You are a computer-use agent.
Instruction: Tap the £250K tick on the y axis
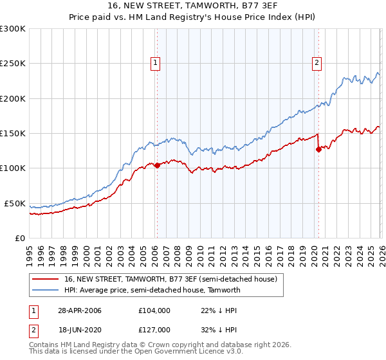[13, 64]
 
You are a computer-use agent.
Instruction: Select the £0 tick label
[20, 238]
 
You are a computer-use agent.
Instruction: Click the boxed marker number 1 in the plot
[156, 63]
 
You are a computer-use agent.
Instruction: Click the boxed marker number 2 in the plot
[318, 63]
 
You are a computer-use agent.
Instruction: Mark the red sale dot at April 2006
[157, 165]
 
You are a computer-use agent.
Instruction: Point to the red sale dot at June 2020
[318, 149]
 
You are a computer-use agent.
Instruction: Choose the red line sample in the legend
[46, 279]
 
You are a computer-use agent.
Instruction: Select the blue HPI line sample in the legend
[46, 290]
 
